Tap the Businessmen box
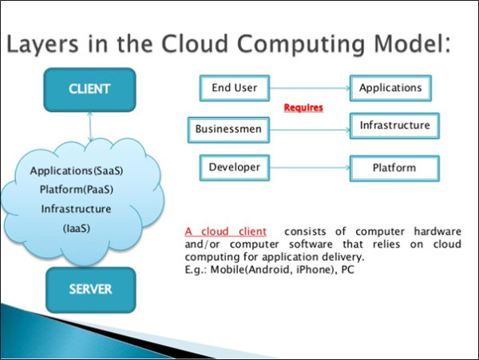pyautogui.click(x=229, y=128)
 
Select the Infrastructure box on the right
pyautogui.click(x=394, y=125)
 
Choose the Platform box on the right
pyautogui.click(x=394, y=168)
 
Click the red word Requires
pyautogui.click(x=304, y=106)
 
